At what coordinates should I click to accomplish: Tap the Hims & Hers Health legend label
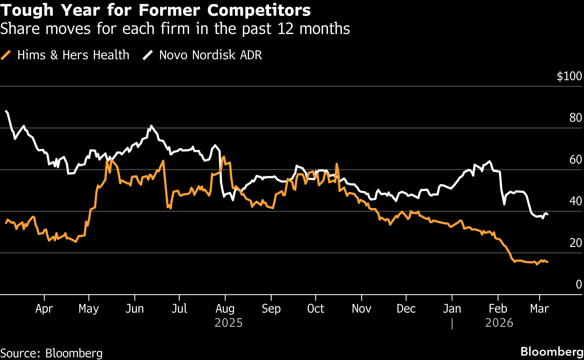[x=73, y=55]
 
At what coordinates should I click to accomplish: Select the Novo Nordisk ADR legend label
[x=210, y=55]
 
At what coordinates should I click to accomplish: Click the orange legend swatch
[x=6, y=55]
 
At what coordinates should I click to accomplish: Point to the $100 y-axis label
[x=569, y=76]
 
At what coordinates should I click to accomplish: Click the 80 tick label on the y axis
[x=575, y=118]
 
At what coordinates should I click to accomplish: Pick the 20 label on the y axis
[x=575, y=243]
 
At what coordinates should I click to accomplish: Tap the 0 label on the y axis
[x=578, y=284]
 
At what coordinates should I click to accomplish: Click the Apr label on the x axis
[x=44, y=309]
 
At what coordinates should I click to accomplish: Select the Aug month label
[x=225, y=309]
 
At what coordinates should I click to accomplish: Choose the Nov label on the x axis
[x=361, y=309]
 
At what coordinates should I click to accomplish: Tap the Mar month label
[x=539, y=309]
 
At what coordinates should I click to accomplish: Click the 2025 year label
[x=229, y=323]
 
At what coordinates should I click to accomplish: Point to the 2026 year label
[x=499, y=323]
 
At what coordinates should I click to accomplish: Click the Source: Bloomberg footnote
[x=51, y=353]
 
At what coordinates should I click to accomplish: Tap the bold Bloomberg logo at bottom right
[x=552, y=352]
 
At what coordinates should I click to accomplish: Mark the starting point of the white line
[x=6, y=111]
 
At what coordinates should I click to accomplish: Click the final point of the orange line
[x=547, y=262]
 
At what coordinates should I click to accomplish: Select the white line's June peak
[x=151, y=126]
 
